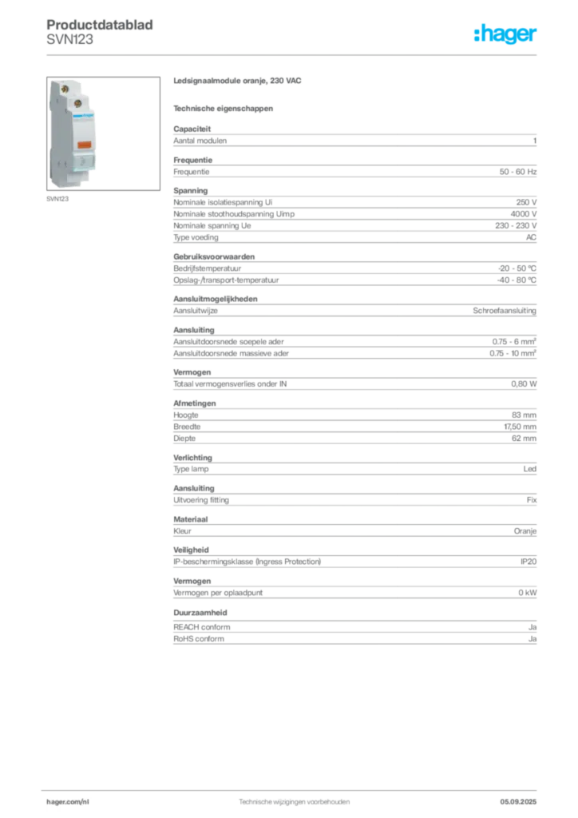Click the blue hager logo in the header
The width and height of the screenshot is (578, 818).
(x=506, y=35)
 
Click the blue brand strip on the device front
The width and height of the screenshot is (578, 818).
(x=82, y=115)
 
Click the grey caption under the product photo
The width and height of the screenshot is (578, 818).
(x=57, y=199)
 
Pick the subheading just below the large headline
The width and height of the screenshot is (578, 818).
(x=224, y=107)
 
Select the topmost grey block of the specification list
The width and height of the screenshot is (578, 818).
(x=354, y=140)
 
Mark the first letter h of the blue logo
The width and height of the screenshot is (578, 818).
(x=477, y=34)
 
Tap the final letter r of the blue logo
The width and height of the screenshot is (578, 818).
(x=536, y=36)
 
